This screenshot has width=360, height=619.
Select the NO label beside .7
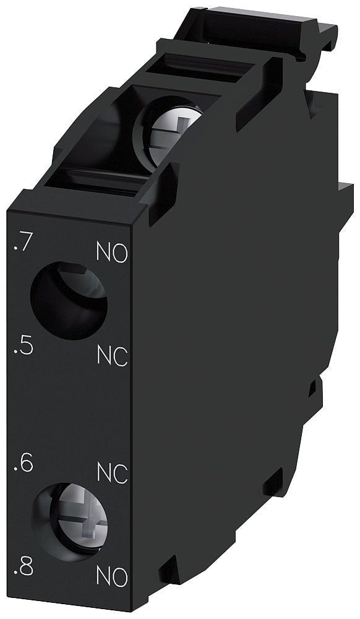click(113, 253)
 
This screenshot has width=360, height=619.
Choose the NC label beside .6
click(113, 474)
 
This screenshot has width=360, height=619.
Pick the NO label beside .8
click(113, 577)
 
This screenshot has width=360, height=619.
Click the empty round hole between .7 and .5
click(68, 300)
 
